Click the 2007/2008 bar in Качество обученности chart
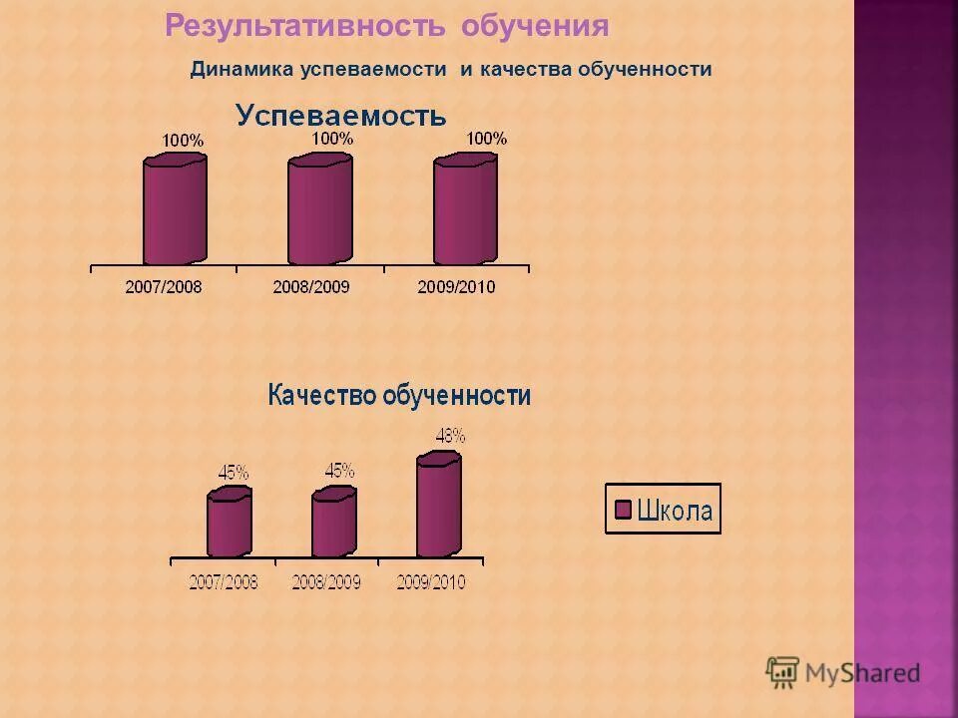[x=229, y=524]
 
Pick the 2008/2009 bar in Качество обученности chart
[x=333, y=524]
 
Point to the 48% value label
[x=450, y=436]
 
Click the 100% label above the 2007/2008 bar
[x=183, y=142]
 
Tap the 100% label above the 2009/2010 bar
[x=486, y=139]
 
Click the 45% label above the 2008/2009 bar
[x=339, y=470]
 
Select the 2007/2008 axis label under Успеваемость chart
[x=163, y=287]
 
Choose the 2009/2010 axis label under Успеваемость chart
[x=456, y=287]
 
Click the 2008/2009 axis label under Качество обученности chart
[x=326, y=582]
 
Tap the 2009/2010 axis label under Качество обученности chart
[x=430, y=582]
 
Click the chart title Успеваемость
[x=340, y=117]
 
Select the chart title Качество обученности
[x=398, y=396]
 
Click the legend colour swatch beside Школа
[x=623, y=511]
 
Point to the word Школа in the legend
[x=676, y=511]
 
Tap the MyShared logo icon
[x=782, y=671]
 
